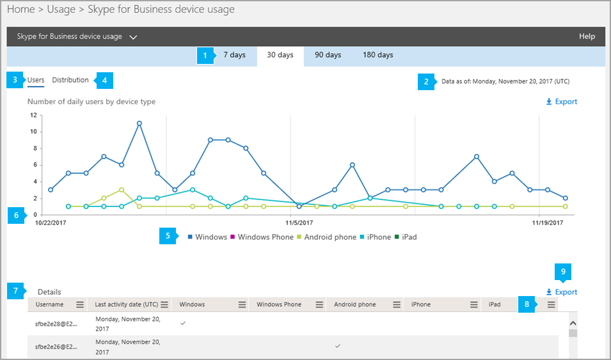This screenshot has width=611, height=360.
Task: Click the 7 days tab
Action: coord(234,55)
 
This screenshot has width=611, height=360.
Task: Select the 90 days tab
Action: coord(328,55)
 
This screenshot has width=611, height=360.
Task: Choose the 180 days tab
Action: coord(377,55)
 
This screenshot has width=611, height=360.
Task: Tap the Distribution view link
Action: coord(70,81)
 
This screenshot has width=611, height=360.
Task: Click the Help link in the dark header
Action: coord(587,36)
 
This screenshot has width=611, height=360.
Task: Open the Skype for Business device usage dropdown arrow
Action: coord(133,37)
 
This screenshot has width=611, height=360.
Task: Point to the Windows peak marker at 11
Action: coord(139,123)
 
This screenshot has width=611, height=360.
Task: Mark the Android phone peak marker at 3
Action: coord(122,190)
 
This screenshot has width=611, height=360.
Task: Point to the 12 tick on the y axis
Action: coord(34,115)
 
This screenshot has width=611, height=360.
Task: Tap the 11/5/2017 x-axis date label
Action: coord(299,223)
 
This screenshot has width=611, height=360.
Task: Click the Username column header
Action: coord(50,305)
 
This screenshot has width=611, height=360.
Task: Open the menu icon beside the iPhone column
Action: coord(473,305)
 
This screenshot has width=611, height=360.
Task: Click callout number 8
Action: coord(527,304)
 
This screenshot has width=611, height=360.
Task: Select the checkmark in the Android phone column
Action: coord(338,345)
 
